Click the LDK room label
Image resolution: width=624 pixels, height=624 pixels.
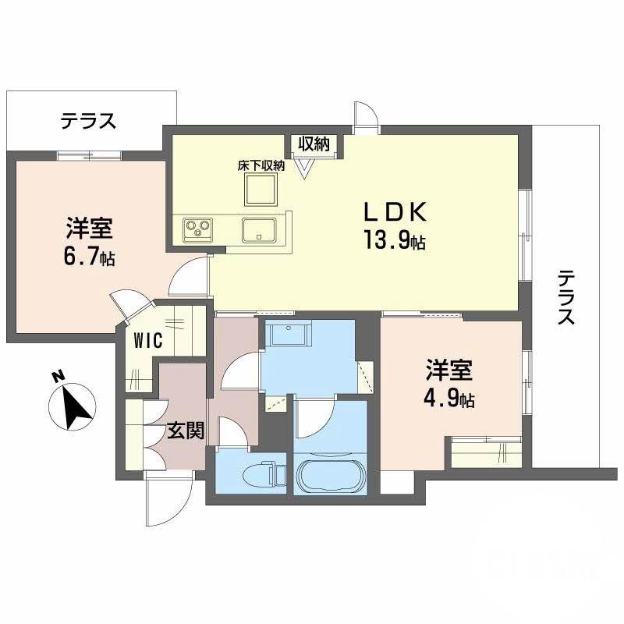click(x=393, y=213)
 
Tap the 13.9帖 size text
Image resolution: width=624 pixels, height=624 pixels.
click(x=393, y=240)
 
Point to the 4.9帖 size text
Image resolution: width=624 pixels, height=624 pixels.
click(x=450, y=399)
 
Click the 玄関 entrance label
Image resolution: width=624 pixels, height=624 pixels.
click(x=186, y=431)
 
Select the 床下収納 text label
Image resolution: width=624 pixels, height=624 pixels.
click(x=261, y=165)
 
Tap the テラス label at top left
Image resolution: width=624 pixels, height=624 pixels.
click(x=89, y=121)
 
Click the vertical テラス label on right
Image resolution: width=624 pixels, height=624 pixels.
click(x=566, y=297)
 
